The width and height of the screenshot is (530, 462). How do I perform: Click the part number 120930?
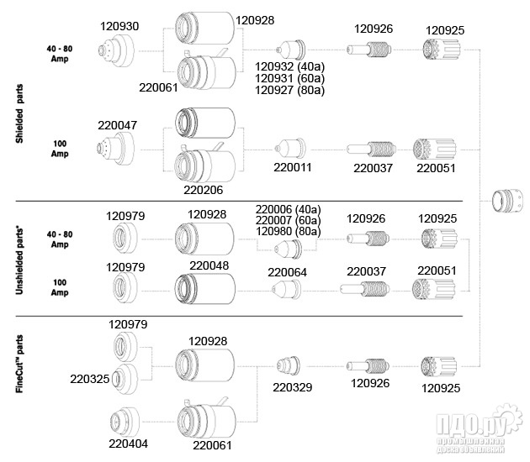pos(119,27)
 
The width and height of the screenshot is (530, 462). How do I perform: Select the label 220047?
pos(119,124)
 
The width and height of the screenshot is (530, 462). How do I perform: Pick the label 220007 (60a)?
pos(289,219)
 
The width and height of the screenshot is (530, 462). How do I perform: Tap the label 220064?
pos(288,271)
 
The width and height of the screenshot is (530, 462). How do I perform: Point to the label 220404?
pos(128,443)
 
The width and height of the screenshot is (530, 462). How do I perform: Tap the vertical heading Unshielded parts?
pos(19,257)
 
